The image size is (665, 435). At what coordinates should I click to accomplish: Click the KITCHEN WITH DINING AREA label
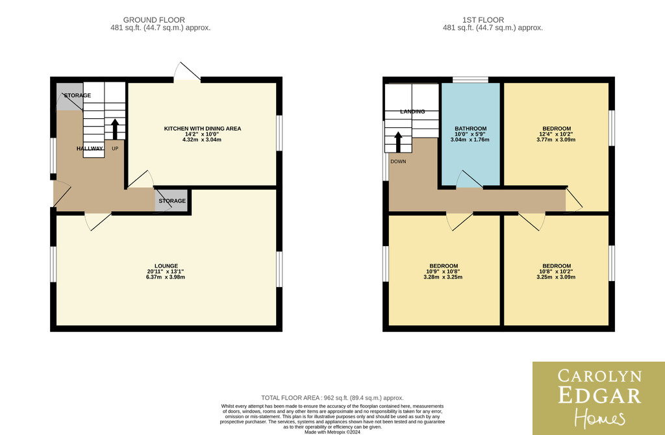(203, 129)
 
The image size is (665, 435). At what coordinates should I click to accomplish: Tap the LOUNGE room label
(166, 266)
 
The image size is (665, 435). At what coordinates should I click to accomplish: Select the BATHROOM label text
(471, 129)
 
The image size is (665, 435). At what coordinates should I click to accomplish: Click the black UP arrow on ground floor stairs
(115, 129)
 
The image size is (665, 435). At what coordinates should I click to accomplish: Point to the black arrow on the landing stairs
(398, 142)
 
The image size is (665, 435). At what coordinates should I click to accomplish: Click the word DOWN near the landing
(398, 162)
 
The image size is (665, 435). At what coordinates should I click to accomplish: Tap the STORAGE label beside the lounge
(172, 201)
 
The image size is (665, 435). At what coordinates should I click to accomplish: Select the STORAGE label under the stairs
(77, 95)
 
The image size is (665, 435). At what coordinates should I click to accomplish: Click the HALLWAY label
(90, 149)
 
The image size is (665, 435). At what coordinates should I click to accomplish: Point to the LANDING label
(412, 112)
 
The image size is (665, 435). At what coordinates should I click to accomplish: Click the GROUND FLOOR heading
(154, 20)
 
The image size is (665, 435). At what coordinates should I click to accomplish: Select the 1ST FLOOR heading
(483, 20)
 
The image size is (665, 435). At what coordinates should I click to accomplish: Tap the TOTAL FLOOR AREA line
(332, 398)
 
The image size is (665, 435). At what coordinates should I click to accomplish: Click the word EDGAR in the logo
(599, 395)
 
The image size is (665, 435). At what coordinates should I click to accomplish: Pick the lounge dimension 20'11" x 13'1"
(166, 272)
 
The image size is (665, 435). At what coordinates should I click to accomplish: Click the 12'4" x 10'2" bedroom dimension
(556, 134)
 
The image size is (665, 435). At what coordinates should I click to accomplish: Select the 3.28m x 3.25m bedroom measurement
(443, 277)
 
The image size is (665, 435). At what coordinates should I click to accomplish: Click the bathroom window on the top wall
(470, 80)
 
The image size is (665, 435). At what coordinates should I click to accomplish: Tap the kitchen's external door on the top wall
(186, 72)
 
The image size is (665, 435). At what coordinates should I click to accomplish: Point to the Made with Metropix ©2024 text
(332, 432)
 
